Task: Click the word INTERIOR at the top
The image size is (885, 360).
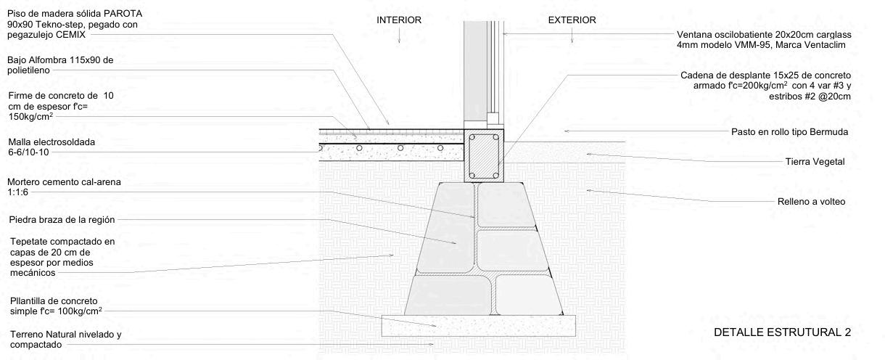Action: tap(399, 20)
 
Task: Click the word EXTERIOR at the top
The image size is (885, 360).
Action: tap(572, 20)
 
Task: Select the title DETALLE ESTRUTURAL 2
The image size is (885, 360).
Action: tap(782, 332)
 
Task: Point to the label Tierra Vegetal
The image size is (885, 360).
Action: tap(816, 162)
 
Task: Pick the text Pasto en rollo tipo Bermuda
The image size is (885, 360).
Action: tap(789, 132)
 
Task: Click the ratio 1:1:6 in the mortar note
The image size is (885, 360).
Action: tap(20, 193)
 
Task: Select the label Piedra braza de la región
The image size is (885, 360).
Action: tap(62, 219)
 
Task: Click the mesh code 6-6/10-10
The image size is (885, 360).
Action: tap(31, 153)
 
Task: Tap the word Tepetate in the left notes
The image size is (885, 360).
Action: tap(29, 241)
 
